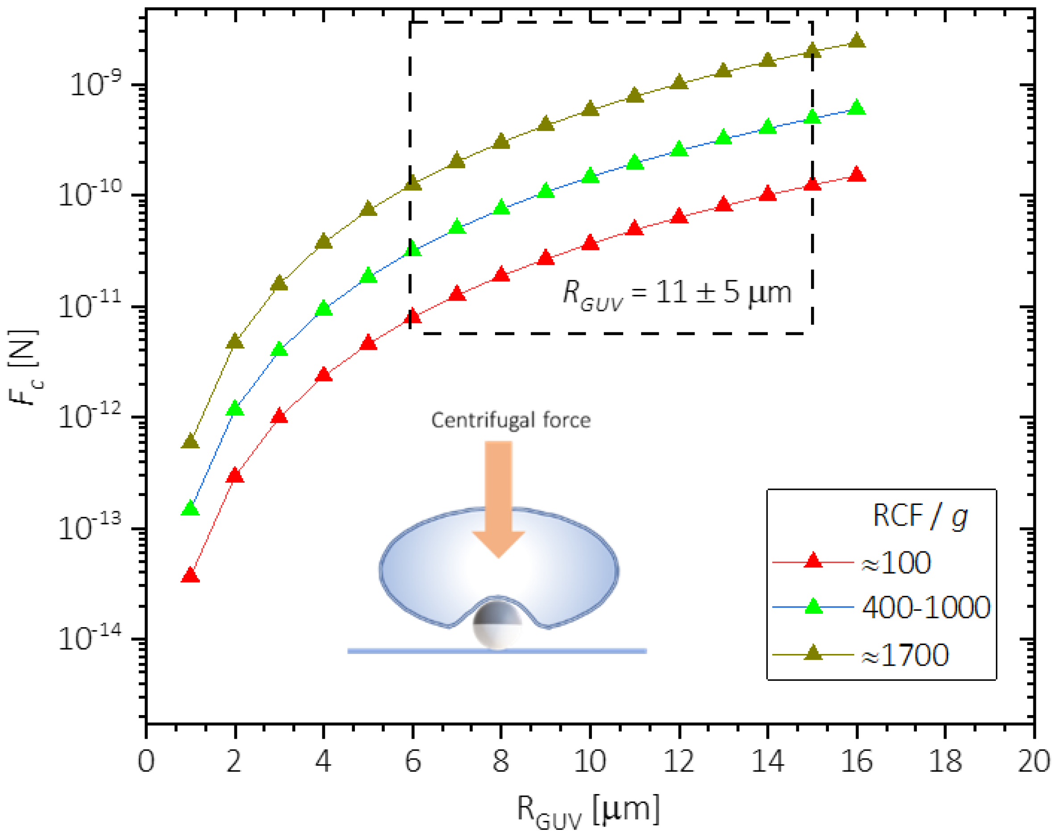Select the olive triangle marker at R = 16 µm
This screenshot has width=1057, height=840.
(x=857, y=41)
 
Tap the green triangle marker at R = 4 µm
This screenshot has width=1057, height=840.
(x=324, y=309)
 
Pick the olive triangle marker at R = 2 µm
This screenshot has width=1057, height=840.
(x=235, y=342)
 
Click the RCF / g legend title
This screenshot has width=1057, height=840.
(x=920, y=516)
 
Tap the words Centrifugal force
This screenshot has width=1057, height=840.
(x=511, y=421)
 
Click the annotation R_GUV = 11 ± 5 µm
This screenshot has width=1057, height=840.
(x=677, y=294)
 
